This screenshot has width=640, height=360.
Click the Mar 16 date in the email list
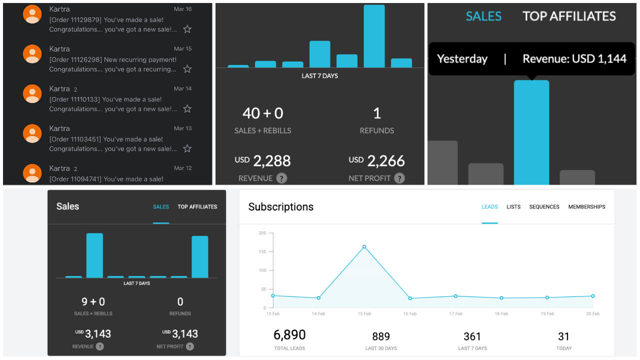182,9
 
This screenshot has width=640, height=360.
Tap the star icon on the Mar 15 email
187,69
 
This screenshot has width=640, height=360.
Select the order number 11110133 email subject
105,99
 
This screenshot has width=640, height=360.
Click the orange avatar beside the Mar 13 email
32,133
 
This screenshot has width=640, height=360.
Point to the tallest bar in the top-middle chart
374,36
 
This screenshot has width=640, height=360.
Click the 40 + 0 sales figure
262,113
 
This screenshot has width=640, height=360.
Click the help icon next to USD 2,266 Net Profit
398,178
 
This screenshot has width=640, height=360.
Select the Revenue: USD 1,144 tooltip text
574,59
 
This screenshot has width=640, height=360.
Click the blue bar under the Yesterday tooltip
531,132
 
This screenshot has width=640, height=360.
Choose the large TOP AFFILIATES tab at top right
569,16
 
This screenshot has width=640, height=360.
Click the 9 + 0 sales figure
93,301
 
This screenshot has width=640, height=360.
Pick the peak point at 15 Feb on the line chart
364,246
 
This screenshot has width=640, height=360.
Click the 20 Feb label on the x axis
592,314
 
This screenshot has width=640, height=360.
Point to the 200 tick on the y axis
262,233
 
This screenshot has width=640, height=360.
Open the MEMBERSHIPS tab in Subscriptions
586,207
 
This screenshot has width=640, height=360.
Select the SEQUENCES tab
544,207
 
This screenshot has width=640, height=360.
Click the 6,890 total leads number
289,335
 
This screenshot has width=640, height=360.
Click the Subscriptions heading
281,207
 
